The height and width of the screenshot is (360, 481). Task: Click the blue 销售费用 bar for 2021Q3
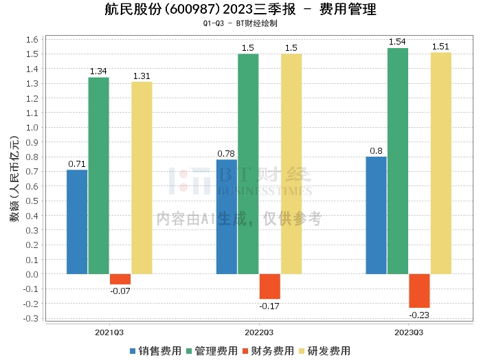click(x=77, y=222)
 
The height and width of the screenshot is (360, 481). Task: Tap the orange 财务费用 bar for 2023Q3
click(x=419, y=291)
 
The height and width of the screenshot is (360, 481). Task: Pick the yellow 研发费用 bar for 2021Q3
click(x=142, y=178)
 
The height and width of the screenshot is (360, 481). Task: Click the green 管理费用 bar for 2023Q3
click(x=398, y=161)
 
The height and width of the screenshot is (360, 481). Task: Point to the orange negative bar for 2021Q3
click(x=120, y=279)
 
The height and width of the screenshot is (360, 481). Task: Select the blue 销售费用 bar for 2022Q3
click(x=227, y=216)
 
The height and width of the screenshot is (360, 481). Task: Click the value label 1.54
click(x=398, y=43)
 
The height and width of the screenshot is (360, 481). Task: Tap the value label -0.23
click(x=419, y=315)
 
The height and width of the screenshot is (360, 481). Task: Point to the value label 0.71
click(x=77, y=164)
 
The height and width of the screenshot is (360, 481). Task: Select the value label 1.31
click(x=142, y=76)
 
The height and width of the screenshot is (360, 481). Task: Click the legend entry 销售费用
click(x=155, y=350)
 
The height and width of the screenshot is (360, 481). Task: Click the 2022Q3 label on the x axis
click(x=258, y=332)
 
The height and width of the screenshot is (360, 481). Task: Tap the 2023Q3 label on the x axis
click(x=408, y=332)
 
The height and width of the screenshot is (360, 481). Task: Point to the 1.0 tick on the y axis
click(x=30, y=128)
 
